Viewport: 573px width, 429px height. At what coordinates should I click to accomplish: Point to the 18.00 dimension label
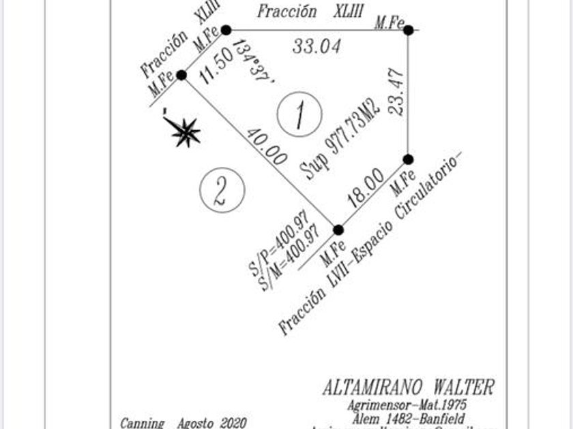point(366,189)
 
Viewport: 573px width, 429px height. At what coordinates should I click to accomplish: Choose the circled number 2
point(222,189)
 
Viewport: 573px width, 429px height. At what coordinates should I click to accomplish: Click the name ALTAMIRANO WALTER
point(408,388)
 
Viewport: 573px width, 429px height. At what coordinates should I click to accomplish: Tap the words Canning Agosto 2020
point(183,423)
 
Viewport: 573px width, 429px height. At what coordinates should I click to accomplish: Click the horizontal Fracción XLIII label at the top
point(301,12)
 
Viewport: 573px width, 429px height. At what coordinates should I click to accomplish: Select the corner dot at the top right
point(408,30)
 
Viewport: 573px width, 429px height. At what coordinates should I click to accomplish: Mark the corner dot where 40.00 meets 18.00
point(338,230)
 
